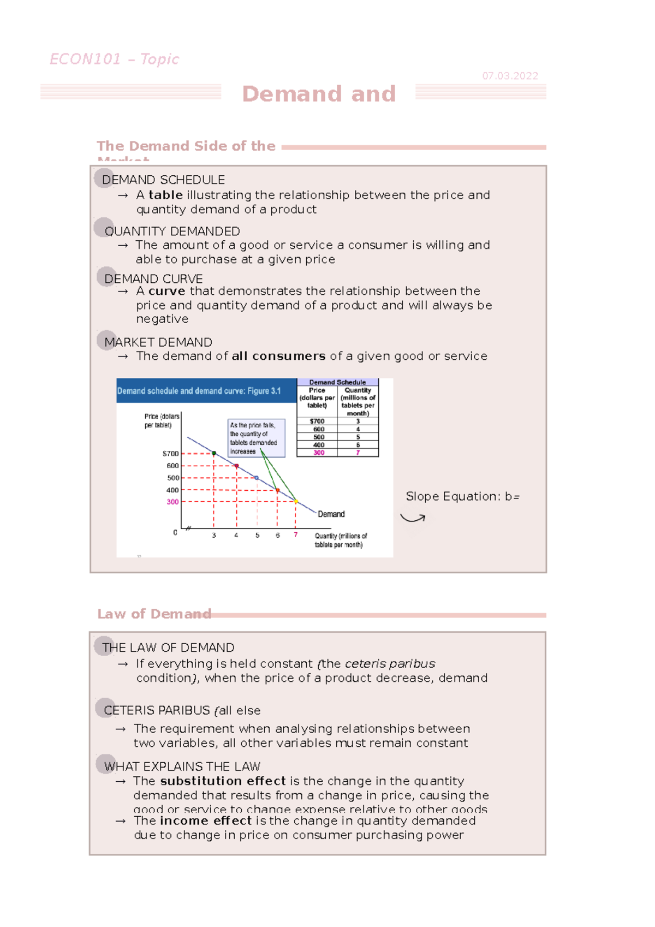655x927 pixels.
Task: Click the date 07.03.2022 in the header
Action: coord(510,76)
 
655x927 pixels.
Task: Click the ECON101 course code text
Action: coord(85,59)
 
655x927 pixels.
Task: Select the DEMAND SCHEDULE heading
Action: coord(163,180)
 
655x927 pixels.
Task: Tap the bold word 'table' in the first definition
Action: coord(165,195)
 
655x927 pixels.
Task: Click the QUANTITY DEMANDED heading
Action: coord(172,231)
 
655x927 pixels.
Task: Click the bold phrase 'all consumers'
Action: coord(278,356)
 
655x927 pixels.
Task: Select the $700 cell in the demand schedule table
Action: coord(317,421)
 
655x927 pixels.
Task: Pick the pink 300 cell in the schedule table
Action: coord(319,453)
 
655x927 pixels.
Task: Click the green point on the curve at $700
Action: coord(214,454)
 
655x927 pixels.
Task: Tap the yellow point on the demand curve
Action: coord(296,501)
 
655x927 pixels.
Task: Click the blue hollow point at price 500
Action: coord(257,478)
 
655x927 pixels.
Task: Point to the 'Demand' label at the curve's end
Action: coord(331,514)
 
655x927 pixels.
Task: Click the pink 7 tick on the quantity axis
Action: coord(296,535)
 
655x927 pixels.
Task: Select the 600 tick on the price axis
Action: coord(172,466)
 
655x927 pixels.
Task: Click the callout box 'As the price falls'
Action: coord(256,438)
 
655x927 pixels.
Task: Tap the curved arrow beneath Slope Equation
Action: coord(413,518)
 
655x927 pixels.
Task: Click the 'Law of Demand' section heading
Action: coord(154,614)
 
